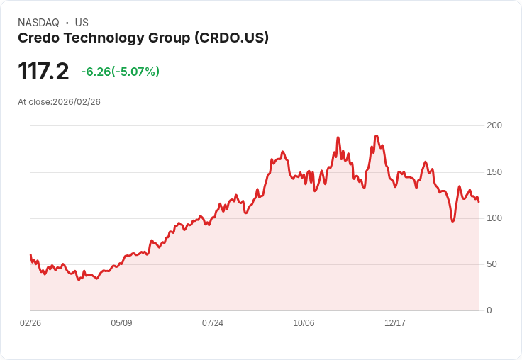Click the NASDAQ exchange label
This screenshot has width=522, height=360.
pyautogui.click(x=38, y=23)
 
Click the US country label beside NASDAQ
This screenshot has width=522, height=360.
pyautogui.click(x=82, y=23)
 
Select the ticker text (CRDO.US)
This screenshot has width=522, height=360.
pyautogui.click(x=231, y=38)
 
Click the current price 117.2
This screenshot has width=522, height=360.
pyautogui.click(x=43, y=72)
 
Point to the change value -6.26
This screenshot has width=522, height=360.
pyautogui.click(x=96, y=72)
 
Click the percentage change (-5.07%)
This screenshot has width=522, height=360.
pyautogui.click(x=135, y=72)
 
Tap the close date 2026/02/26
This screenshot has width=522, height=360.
pyautogui.click(x=77, y=102)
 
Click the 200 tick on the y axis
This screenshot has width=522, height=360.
pyautogui.click(x=494, y=125)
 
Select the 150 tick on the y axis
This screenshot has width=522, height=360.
pyautogui.click(x=494, y=171)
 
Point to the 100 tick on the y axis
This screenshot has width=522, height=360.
pyautogui.click(x=494, y=218)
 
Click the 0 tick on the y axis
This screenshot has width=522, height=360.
pyautogui.click(x=489, y=310)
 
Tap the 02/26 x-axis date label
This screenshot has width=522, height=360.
pyautogui.click(x=30, y=323)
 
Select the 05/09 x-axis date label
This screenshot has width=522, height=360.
pyautogui.click(x=121, y=323)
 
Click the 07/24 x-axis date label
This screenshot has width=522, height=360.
pyautogui.click(x=213, y=323)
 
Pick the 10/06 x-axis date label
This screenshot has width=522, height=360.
pyautogui.click(x=304, y=323)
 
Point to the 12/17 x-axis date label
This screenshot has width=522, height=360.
pyautogui.click(x=395, y=323)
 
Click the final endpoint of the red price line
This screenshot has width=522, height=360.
pyautogui.click(x=479, y=202)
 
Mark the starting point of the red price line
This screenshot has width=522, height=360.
pyautogui.click(x=30, y=254)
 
